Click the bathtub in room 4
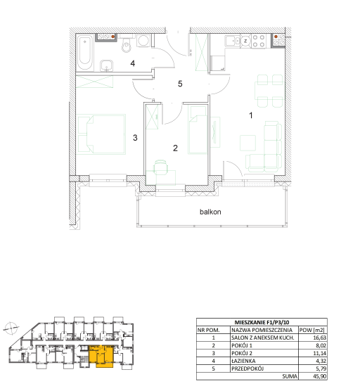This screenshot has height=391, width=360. [x=85, y=53]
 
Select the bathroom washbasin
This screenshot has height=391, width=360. [x=107, y=66]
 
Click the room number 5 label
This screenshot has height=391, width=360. [x=180, y=84]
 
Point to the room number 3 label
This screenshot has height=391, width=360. [x=135, y=138]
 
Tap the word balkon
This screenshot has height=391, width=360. [x=210, y=212]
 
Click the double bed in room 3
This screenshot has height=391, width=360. [x=102, y=134]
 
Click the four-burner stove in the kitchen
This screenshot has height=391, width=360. [x=259, y=41]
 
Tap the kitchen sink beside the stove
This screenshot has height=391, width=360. [x=233, y=41]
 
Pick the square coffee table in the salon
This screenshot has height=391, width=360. [x=247, y=143]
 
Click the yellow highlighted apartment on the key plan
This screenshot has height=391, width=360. [x=102, y=356]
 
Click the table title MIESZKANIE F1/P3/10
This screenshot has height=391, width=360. [x=262, y=322]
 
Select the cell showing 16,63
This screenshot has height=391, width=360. [x=320, y=338]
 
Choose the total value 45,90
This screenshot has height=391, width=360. [x=320, y=376]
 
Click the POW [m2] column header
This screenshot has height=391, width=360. [x=312, y=330]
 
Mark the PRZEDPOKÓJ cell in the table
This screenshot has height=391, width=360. [x=247, y=368]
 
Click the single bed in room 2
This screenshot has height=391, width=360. [x=198, y=129]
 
